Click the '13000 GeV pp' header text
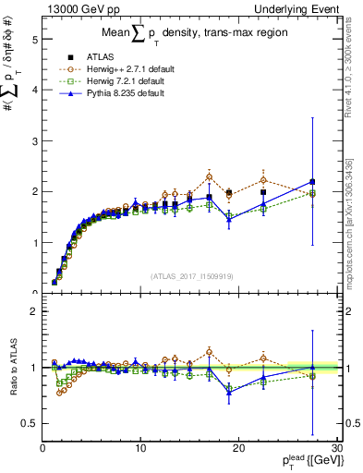tap(71, 8)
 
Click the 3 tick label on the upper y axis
tap(33, 141)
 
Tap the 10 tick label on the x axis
tap(140, 448)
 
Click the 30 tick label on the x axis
tap(336, 448)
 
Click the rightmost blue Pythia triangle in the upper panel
tap(312, 181)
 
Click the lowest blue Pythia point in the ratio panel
tap(229, 392)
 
